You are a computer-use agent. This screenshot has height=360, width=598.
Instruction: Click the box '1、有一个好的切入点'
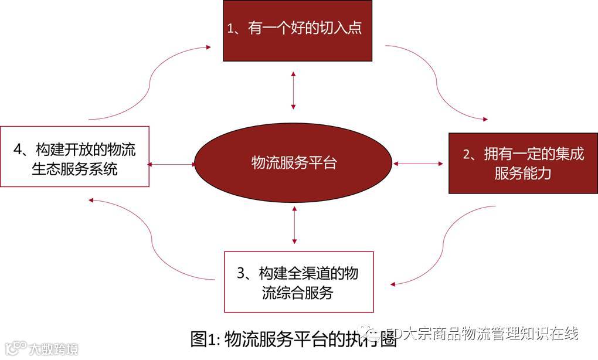click(298, 30)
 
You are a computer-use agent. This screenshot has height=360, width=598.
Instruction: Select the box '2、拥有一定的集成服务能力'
click(522, 164)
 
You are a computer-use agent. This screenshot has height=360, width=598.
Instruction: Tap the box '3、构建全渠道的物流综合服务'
click(298, 282)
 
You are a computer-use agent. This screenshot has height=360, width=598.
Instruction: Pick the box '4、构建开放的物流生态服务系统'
click(74, 156)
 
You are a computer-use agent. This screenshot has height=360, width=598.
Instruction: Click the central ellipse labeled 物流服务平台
click(294, 162)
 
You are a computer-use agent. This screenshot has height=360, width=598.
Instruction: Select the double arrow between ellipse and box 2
click(419, 164)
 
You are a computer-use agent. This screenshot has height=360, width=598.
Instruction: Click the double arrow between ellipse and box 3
click(294, 225)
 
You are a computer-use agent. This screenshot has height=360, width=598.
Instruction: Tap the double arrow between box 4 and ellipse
click(171, 165)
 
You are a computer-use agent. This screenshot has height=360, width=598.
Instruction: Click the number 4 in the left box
click(19, 150)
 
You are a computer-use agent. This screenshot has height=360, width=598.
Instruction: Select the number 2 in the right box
click(467, 154)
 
